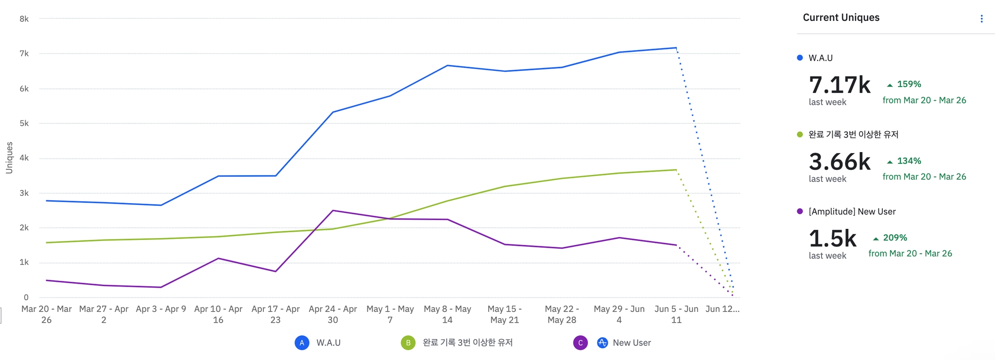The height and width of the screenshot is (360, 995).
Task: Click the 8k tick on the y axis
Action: pyautogui.click(x=24, y=19)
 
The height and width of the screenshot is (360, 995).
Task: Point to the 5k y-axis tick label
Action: pyautogui.click(x=24, y=123)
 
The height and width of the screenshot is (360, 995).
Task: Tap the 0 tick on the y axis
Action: pyautogui.click(x=26, y=297)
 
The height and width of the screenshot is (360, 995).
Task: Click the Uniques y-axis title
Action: pyautogui.click(x=9, y=157)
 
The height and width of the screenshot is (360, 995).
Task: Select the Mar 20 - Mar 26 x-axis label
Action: pyautogui.click(x=46, y=314)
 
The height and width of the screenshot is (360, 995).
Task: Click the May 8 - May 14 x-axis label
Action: pyautogui.click(x=447, y=314)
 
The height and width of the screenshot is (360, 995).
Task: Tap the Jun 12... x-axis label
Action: pyautogui.click(x=722, y=309)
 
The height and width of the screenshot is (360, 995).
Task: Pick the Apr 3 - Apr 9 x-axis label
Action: pyautogui.click(x=161, y=309)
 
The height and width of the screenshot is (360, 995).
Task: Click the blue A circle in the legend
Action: pyautogui.click(x=302, y=343)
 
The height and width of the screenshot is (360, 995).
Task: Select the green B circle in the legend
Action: pyautogui.click(x=408, y=343)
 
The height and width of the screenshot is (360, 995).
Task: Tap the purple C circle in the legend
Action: pyautogui.click(x=580, y=343)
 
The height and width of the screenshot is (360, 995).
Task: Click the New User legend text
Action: pyautogui.click(x=632, y=343)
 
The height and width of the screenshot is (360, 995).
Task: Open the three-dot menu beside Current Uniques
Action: pyautogui.click(x=981, y=18)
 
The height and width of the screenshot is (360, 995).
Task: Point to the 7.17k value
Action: pyautogui.click(x=839, y=85)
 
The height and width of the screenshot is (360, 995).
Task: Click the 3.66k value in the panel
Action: pyautogui.click(x=839, y=162)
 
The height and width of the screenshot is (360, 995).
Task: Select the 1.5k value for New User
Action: pyautogui.click(x=832, y=239)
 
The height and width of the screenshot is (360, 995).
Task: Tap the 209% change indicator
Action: pyautogui.click(x=894, y=238)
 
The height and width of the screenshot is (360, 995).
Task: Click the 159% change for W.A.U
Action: pyautogui.click(x=909, y=84)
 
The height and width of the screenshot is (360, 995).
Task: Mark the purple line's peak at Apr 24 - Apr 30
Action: pyautogui.click(x=333, y=210)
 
